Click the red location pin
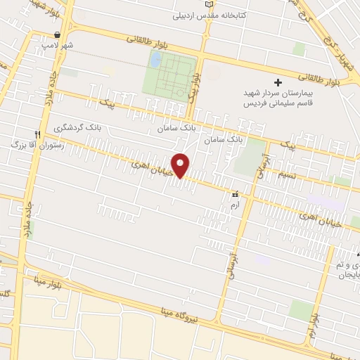point(181,165)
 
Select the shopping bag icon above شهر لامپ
point(58,34)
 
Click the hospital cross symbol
point(278,82)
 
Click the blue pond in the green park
point(155,60)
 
